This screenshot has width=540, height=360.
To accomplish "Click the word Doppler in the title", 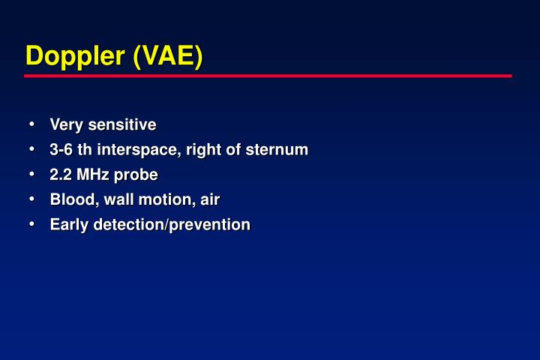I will (x=76, y=56).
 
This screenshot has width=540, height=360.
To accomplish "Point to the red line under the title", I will (x=268, y=76).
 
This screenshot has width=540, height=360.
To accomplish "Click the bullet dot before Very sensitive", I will (x=32, y=124).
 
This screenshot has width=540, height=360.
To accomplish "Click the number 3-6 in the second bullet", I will (x=61, y=149).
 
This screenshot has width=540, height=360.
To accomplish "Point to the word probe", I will (x=136, y=175).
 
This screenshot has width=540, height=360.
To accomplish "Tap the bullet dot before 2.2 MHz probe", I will (x=32, y=174).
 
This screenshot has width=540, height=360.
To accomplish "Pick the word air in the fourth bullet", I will (x=209, y=199).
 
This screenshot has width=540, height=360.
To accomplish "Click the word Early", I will (x=68, y=225).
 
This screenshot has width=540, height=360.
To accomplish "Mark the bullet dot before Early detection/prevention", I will (x=32, y=224).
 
